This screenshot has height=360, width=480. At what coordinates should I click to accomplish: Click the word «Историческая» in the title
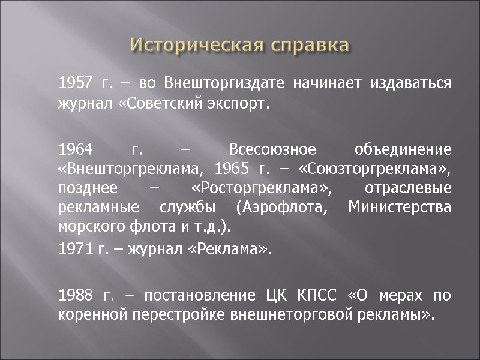point(191,46)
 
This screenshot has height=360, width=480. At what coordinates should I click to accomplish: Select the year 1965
point(232,167)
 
